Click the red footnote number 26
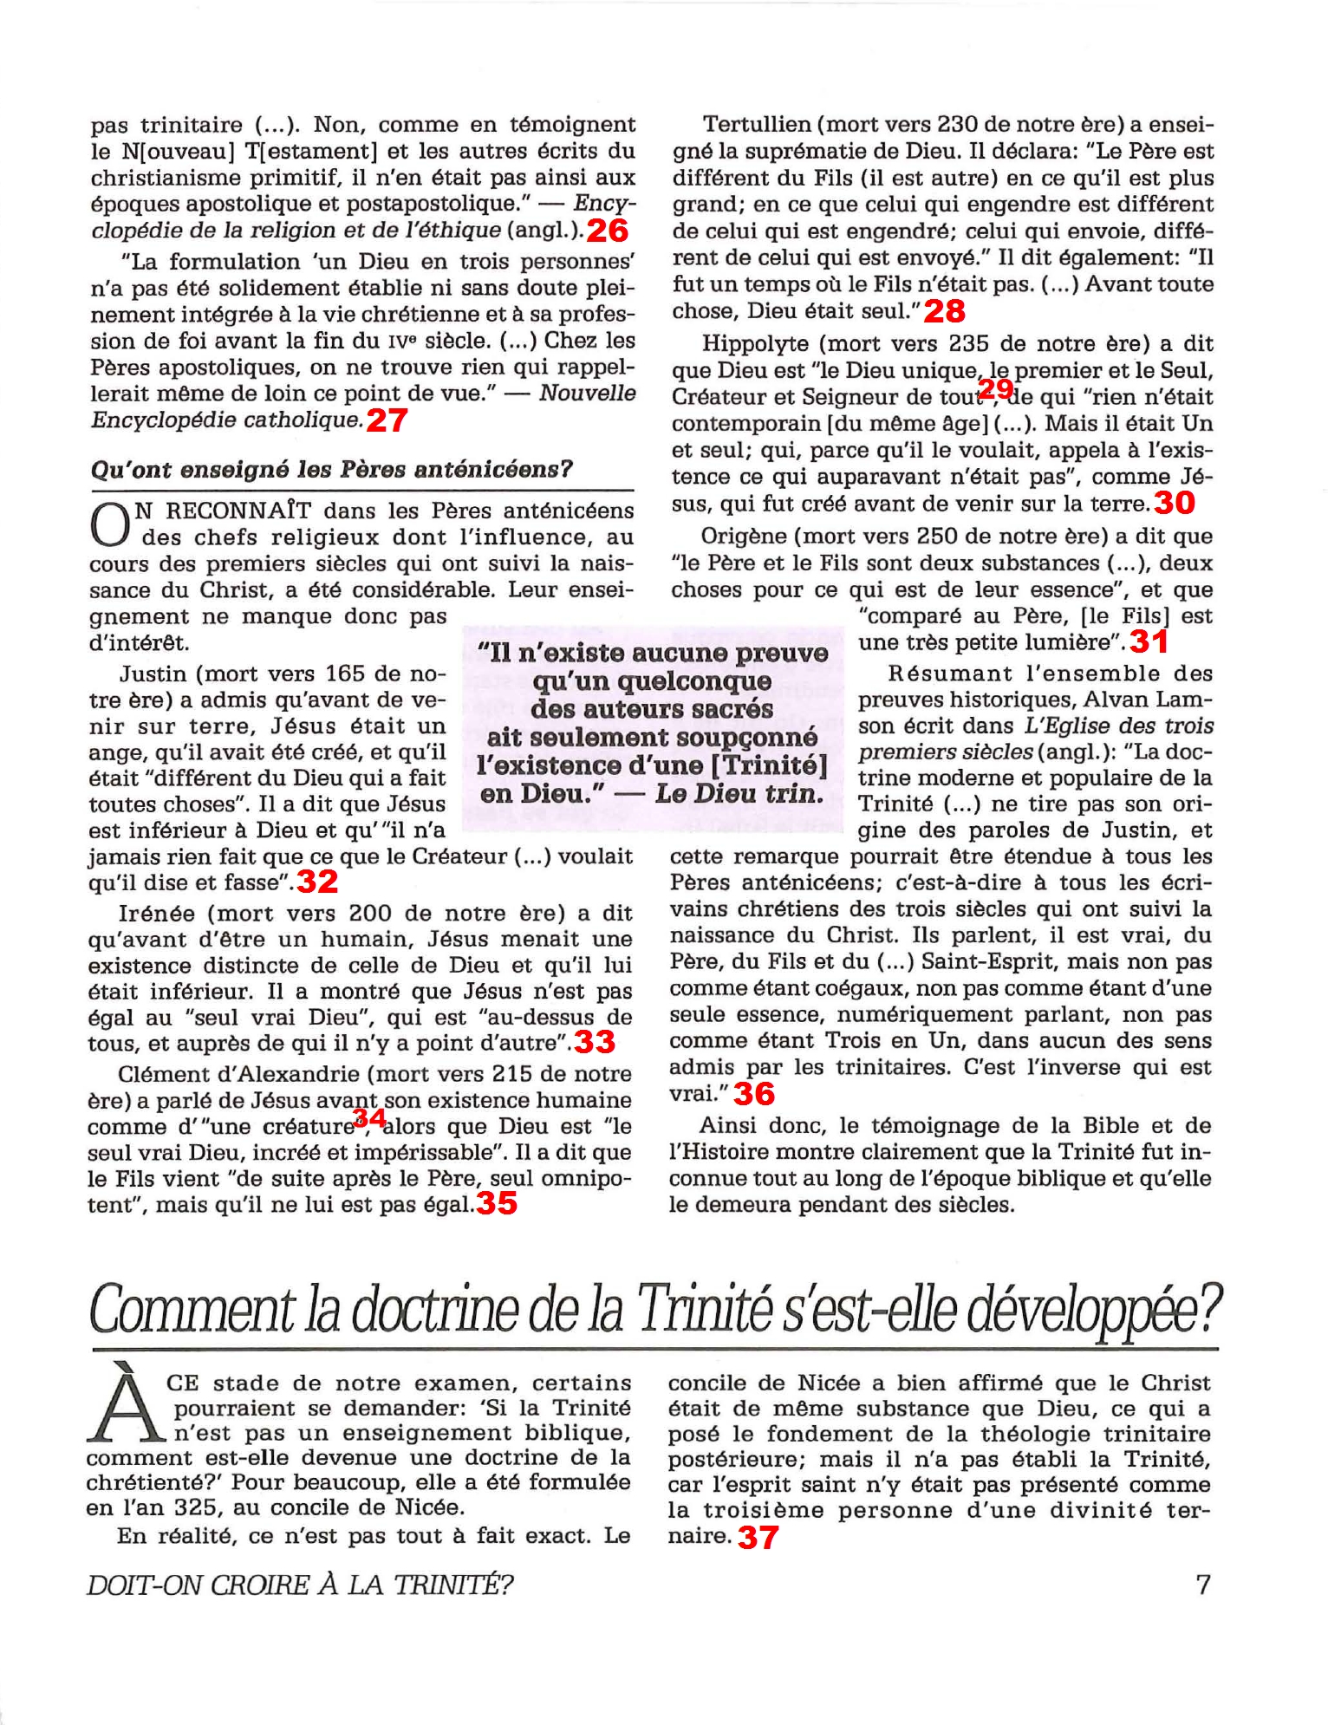click(x=607, y=231)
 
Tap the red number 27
click(x=387, y=420)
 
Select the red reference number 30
click(x=1175, y=503)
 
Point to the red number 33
click(x=595, y=1042)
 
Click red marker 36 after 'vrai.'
click(x=754, y=1094)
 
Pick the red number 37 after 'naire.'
click(x=758, y=1538)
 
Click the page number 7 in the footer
click(x=1202, y=1585)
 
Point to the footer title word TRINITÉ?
click(x=453, y=1585)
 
